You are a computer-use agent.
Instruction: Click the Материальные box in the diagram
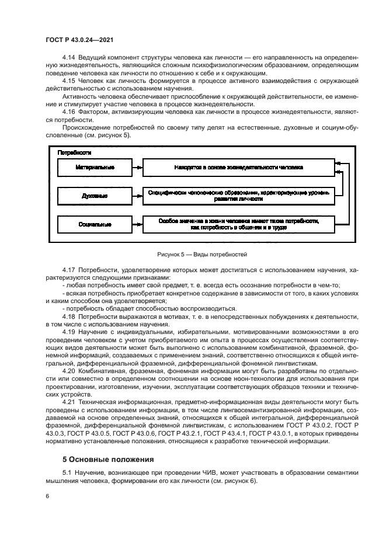click(95, 167)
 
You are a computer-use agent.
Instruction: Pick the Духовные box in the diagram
click(95, 196)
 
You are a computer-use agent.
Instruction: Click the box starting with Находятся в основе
click(238, 167)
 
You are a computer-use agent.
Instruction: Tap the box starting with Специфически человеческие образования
click(238, 196)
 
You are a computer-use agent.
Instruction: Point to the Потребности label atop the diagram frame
click(74, 152)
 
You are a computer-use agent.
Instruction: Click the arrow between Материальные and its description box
click(138, 167)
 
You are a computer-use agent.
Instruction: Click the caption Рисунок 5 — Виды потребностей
click(202, 255)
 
